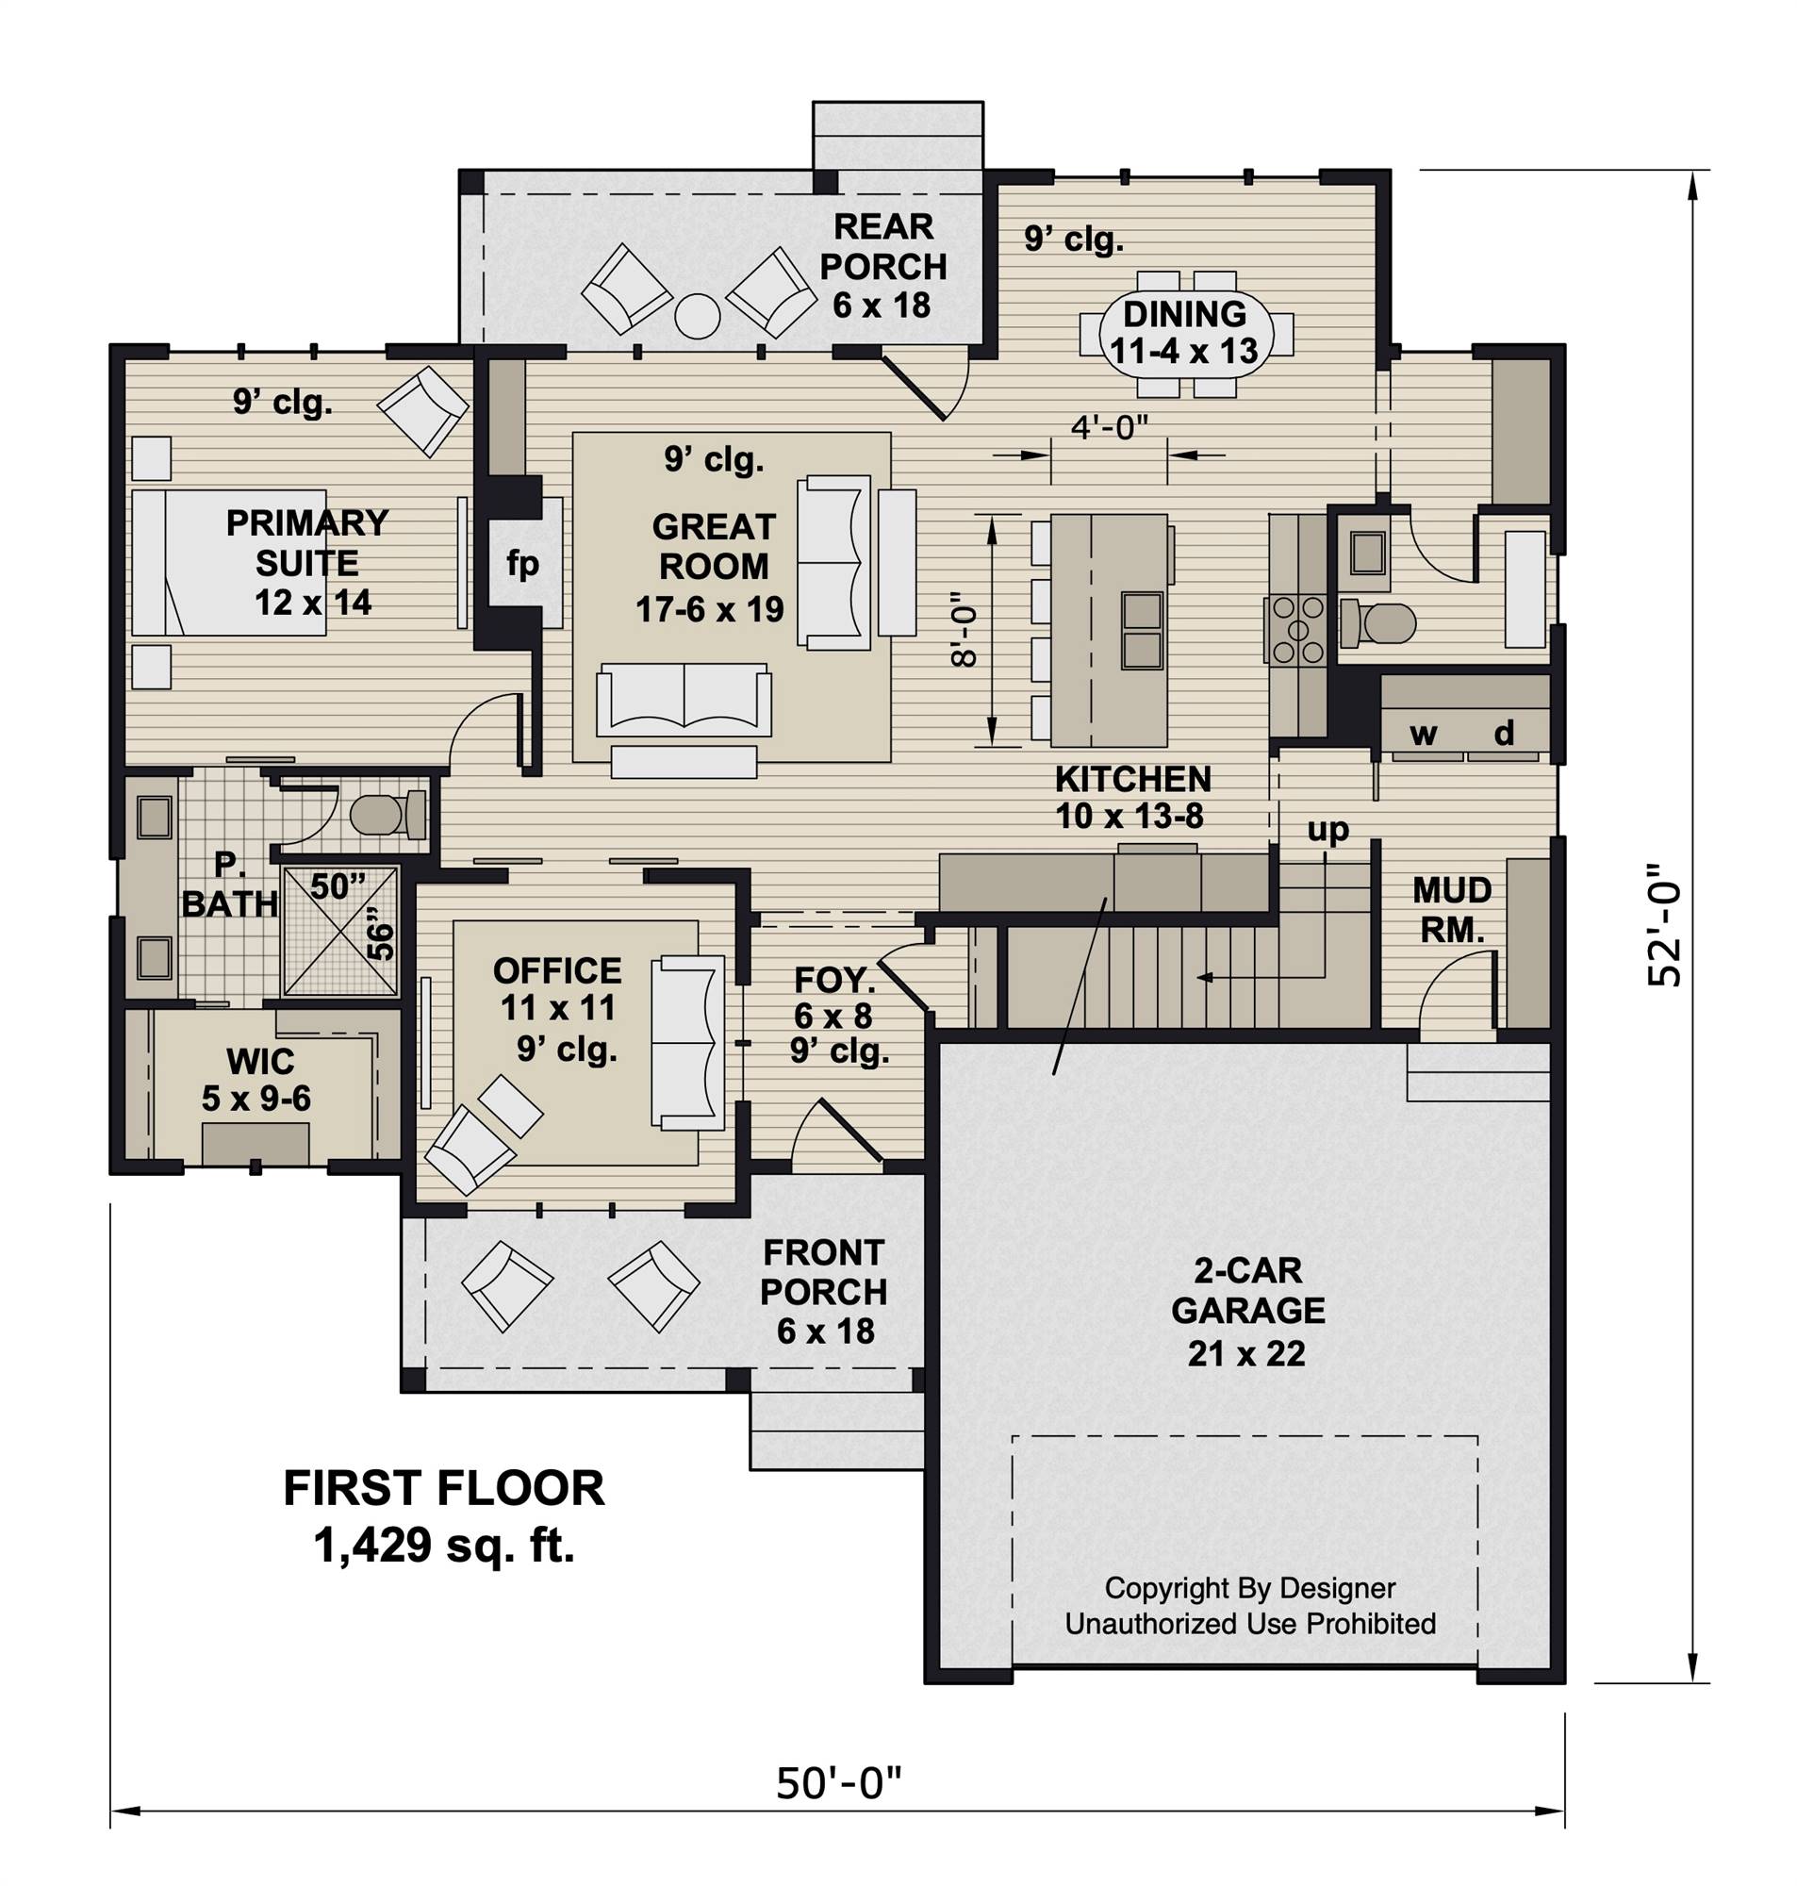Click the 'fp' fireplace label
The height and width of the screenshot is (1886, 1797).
coord(522,565)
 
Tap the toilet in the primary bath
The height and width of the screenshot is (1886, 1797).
coord(388,815)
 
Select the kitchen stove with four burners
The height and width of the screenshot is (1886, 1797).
coord(1297,629)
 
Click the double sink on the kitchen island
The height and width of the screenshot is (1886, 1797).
coord(1142,629)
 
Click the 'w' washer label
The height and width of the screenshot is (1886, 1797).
coord(1425,735)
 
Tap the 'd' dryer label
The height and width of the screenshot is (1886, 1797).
coord(1505,734)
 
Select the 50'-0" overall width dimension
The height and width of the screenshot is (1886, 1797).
coord(839,1783)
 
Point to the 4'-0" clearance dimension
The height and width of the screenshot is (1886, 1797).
coord(1109,427)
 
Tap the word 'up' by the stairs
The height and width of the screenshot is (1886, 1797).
coord(1327,831)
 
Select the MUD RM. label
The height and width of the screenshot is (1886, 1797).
coord(1452,910)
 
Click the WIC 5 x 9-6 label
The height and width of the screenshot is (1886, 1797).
coord(256,1080)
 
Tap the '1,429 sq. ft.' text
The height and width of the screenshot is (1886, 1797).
coord(444,1545)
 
